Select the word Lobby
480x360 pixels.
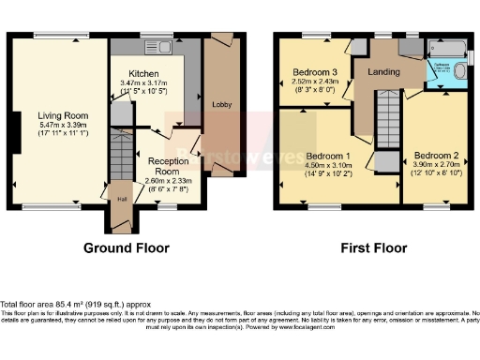221,104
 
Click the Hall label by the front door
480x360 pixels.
122,199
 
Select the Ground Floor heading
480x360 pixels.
127,248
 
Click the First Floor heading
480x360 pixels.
373,248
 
